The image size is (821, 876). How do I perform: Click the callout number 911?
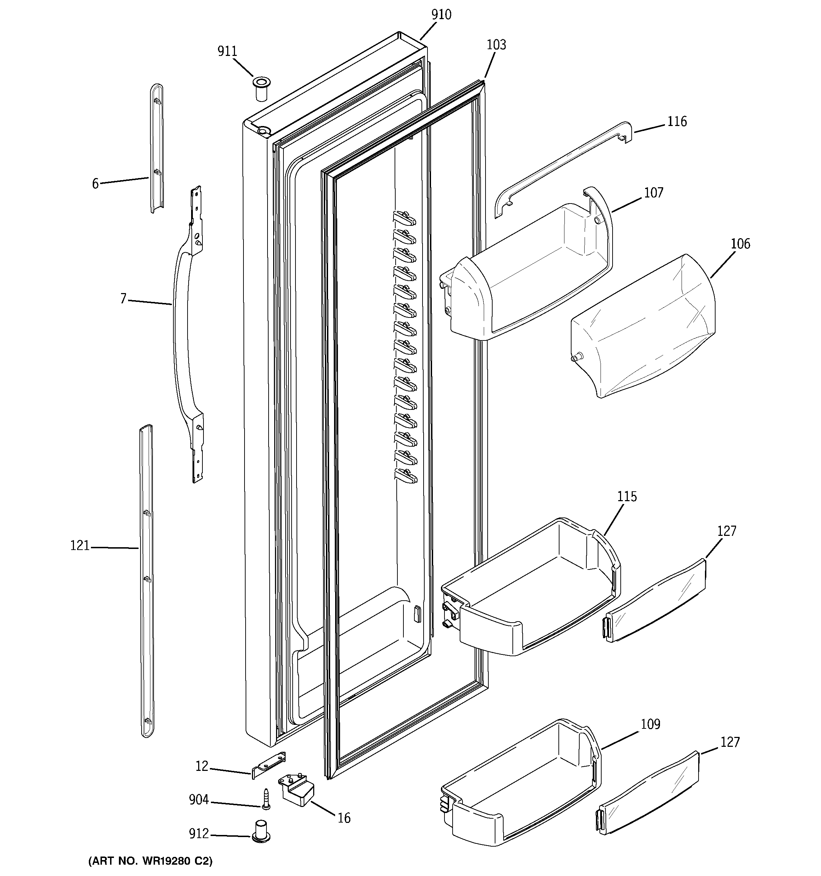tap(228, 52)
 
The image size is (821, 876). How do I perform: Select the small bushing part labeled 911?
tap(261, 88)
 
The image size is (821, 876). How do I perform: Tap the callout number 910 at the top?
tap(441, 15)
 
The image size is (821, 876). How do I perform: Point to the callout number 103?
tap(496, 45)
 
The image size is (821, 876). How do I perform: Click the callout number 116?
tap(677, 122)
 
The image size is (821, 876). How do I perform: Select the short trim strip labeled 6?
tap(156, 150)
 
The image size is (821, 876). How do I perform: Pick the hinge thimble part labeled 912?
tap(261, 831)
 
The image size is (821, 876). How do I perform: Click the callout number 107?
tap(654, 193)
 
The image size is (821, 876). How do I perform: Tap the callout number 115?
tap(627, 497)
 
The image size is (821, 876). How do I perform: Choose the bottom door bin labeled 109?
tap(520, 789)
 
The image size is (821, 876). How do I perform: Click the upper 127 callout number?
tap(726, 531)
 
